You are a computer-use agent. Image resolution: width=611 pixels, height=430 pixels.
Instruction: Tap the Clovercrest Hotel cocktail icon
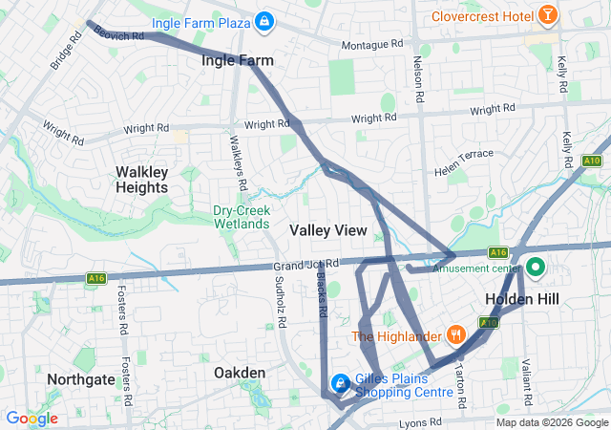(x=548, y=15)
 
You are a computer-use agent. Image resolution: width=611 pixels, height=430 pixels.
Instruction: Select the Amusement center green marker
(x=536, y=269)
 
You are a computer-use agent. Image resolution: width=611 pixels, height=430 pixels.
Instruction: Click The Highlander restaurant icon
(x=457, y=335)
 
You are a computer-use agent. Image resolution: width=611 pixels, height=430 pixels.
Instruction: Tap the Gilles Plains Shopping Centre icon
(x=339, y=384)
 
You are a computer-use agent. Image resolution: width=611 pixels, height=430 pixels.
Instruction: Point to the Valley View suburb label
(x=327, y=230)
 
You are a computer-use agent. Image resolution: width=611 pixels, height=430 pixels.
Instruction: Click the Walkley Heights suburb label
(x=141, y=180)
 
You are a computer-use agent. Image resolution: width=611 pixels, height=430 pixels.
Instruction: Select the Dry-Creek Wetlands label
(x=242, y=217)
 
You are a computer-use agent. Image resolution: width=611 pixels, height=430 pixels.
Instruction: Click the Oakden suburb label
(x=240, y=372)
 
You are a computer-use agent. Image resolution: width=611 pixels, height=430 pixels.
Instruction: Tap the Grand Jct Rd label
(x=305, y=264)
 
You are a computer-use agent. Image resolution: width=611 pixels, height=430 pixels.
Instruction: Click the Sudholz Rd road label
(x=279, y=302)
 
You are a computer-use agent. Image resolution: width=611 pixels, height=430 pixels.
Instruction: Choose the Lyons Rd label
(x=420, y=421)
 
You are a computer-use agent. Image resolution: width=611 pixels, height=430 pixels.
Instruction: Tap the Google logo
(x=32, y=419)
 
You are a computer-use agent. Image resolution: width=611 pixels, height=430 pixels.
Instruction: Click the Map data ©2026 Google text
(x=551, y=422)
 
